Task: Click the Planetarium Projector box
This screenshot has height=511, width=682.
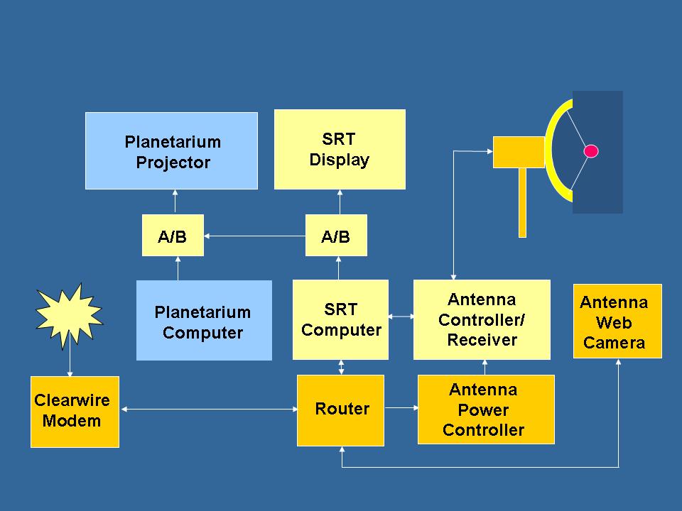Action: click(x=171, y=150)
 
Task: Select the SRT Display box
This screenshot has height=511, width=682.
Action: click(x=340, y=150)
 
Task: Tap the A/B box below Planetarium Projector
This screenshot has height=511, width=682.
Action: click(x=173, y=235)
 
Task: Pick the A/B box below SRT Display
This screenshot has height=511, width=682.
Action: click(x=336, y=235)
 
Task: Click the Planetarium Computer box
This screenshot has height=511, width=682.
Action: click(x=204, y=320)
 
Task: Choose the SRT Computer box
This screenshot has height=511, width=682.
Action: click(x=340, y=320)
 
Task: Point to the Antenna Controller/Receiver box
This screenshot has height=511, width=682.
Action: click(x=482, y=320)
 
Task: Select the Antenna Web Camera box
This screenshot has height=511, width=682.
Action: click(x=617, y=321)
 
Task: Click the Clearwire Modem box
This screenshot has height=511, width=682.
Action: click(x=75, y=412)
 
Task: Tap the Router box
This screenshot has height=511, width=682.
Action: click(x=340, y=410)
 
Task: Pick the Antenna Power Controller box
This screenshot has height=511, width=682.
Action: click(x=486, y=410)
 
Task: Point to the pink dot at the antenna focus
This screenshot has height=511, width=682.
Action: click(x=590, y=151)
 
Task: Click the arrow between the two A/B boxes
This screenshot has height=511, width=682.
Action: click(x=255, y=236)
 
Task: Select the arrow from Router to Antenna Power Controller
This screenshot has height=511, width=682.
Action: click(x=401, y=407)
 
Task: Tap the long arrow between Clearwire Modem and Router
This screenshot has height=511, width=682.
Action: click(x=209, y=409)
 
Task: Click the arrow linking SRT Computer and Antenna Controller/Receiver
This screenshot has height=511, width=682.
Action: click(x=401, y=317)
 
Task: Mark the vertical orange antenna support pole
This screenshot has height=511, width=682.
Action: click(x=522, y=202)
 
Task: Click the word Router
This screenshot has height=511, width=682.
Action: click(x=342, y=409)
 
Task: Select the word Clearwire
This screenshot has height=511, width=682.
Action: click(x=72, y=400)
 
